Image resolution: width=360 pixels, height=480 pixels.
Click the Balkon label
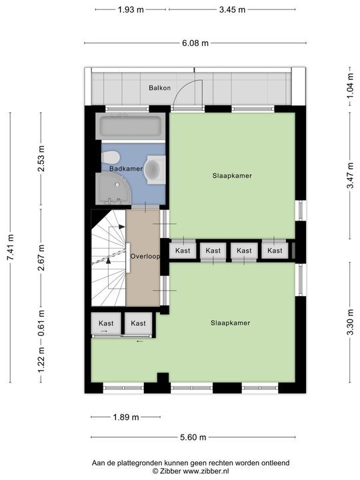coord(159,88)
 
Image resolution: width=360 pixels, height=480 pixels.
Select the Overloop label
coord(145,256)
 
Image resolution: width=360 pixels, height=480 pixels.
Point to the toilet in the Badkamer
coord(110,157)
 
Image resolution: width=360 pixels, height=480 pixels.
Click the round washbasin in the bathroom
coord(154,169)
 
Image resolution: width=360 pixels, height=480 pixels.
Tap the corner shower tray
coord(113,188)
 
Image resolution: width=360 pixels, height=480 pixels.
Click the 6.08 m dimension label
coord(195,43)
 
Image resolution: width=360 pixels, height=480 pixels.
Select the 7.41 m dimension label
coord(10,247)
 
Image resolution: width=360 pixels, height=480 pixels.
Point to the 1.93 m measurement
coord(131,9)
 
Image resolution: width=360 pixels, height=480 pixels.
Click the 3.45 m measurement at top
coord(233,9)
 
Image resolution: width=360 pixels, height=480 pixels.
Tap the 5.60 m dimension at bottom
coord(193,437)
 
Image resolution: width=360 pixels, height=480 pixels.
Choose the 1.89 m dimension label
coord(126,417)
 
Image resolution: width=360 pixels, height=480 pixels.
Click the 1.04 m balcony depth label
coord(350,85)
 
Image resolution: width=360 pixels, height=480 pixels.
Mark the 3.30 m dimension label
coord(350,323)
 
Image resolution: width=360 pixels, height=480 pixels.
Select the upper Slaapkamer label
coord(233,176)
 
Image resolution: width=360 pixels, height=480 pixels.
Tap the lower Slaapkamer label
coord(231,323)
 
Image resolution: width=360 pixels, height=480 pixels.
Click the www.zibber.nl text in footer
coord(206,471)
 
